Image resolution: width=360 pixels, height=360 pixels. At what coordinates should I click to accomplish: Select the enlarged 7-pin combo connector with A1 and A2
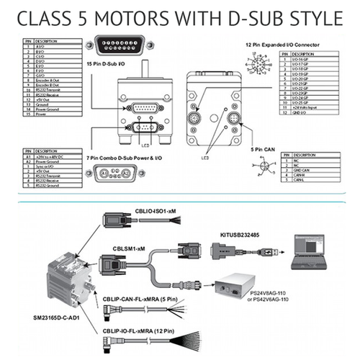[106, 173]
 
